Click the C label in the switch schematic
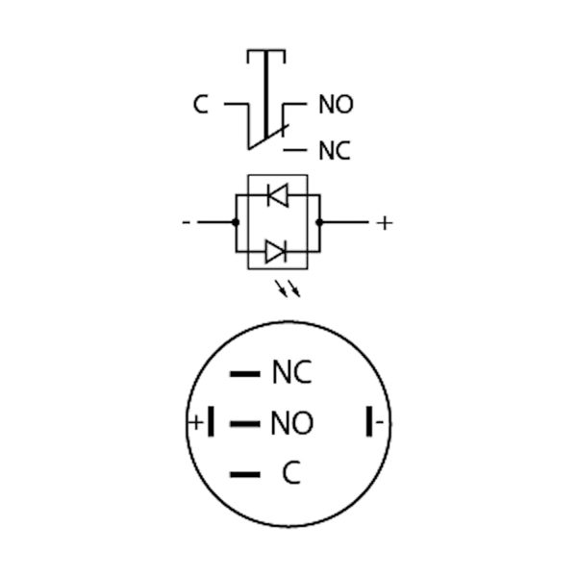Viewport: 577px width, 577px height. tap(201, 104)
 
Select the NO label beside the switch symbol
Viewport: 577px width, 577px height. tap(336, 104)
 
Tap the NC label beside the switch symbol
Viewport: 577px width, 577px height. tap(334, 150)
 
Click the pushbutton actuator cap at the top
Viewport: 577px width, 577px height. tap(266, 56)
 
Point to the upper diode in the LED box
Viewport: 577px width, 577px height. tap(278, 195)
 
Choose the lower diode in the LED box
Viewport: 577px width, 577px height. tap(276, 251)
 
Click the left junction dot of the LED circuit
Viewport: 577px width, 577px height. tap(236, 222)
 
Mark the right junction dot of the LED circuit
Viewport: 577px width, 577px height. tap(319, 222)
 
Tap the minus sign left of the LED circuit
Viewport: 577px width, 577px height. tap(187, 222)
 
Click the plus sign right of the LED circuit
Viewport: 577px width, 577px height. tap(385, 223)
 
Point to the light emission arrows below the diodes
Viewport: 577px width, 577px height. tap(288, 288)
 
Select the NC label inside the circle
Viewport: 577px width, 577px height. tap(291, 372)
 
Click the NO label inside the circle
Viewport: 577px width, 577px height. tap(291, 423)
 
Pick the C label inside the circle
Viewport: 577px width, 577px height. tap(291, 472)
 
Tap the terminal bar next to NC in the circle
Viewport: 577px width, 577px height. tap(245, 374)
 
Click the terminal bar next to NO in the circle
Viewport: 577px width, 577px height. tap(245, 424)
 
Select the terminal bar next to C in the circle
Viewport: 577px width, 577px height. tap(245, 474)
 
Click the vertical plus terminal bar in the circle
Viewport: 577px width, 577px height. tap(211, 422)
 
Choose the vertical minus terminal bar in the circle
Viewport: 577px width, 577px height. tap(369, 422)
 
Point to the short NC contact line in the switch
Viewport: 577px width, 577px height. tap(295, 150)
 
